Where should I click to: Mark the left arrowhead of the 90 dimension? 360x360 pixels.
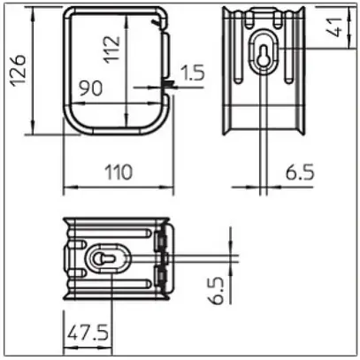73,103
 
